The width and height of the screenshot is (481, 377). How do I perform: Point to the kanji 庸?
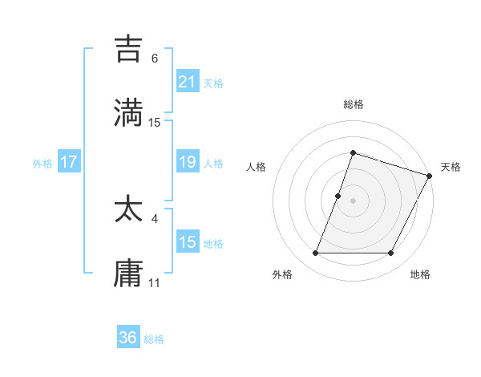point(129,273)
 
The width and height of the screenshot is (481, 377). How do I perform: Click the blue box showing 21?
point(187,81)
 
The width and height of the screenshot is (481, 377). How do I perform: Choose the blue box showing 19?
point(187,162)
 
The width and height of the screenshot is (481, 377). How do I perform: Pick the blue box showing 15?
point(187,242)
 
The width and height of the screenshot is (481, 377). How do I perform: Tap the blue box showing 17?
point(69,162)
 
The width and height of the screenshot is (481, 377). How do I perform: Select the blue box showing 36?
point(128,338)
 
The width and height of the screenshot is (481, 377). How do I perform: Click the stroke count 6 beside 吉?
point(155,59)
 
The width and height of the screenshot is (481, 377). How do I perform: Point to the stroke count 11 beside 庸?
point(155,282)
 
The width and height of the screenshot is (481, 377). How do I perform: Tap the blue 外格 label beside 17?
point(42,163)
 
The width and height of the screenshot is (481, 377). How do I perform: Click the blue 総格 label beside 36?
point(154,338)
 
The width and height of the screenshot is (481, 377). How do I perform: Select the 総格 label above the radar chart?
point(353,104)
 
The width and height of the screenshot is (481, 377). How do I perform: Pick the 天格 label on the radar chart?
point(451,168)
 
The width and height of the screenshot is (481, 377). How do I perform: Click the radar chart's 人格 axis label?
point(256,168)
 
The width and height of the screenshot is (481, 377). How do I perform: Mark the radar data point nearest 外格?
point(315,253)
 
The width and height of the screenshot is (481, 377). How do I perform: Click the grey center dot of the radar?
point(353,201)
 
